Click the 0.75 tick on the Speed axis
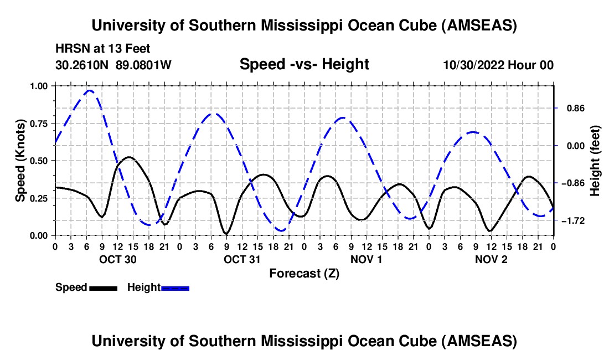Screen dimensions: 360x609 tap(42, 123)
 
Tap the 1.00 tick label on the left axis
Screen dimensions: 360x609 tap(42, 86)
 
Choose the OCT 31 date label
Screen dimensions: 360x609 tap(242, 259)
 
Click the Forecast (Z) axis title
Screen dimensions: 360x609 tap(304, 273)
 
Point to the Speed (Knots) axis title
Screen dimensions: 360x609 tap(20, 161)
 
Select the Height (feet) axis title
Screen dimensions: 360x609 tap(595, 161)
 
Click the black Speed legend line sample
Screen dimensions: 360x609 tap(104, 288)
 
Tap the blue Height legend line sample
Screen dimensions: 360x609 tap(176, 288)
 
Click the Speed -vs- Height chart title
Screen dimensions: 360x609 tap(304, 65)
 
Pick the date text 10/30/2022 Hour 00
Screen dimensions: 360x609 tap(498, 65)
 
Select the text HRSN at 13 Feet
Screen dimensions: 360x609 tap(103, 49)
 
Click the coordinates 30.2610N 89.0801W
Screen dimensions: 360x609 tap(113, 65)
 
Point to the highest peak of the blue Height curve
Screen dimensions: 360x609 tap(89, 90)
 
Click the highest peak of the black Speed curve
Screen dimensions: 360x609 tap(129, 157)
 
